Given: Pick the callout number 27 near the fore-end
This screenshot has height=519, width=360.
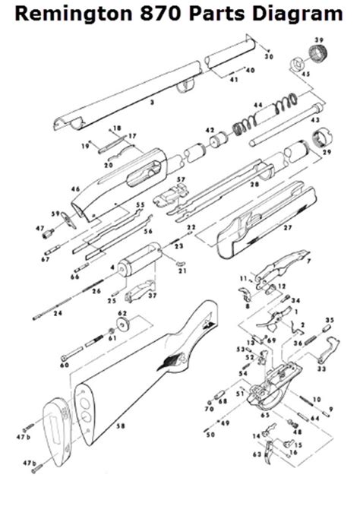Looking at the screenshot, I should click(287, 227).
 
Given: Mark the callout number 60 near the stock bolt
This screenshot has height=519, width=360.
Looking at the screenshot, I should click(64, 366).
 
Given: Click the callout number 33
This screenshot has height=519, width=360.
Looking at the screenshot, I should click(321, 369).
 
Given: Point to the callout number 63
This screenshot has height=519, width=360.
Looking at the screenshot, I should click(257, 454).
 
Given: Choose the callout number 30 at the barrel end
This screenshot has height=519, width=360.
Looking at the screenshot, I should click(268, 57).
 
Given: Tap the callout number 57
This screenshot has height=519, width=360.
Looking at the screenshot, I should click(181, 180).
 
